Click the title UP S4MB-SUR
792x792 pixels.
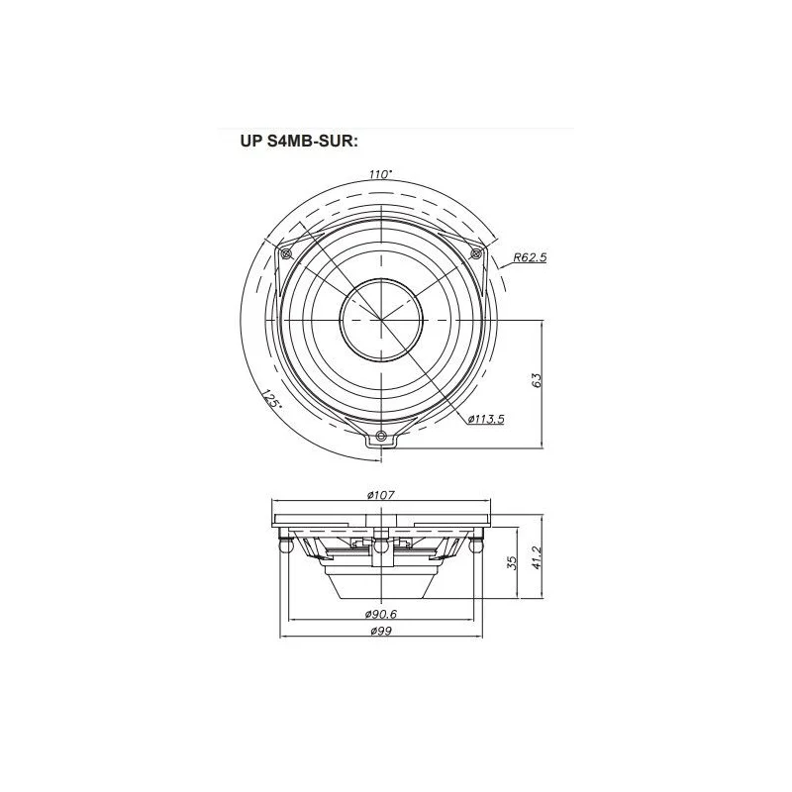point(299,142)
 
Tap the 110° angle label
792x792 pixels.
point(380,174)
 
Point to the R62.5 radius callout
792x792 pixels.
point(530,257)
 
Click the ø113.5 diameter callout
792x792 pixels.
point(486,419)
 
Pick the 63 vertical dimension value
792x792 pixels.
point(537,380)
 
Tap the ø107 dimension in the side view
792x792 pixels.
point(381,495)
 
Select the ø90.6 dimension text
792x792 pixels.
point(381,614)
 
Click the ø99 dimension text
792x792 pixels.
point(381,631)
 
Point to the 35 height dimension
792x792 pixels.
point(512,562)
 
